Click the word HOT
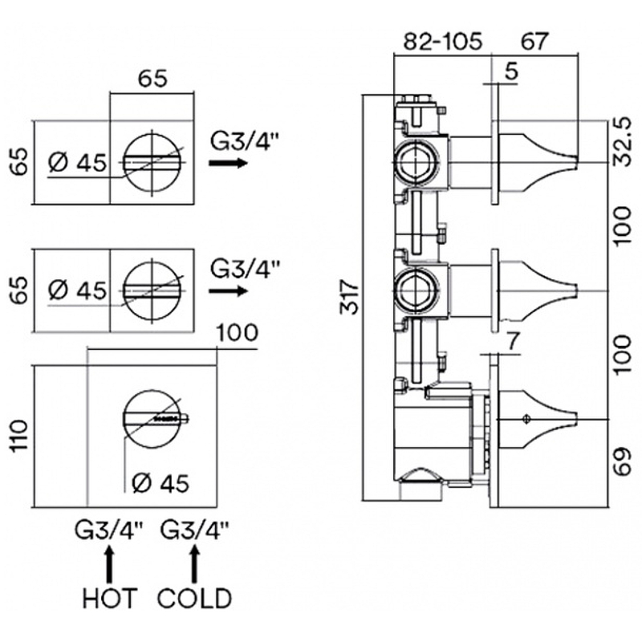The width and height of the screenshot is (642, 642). tap(110, 598)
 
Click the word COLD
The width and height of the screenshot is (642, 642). tap(194, 598)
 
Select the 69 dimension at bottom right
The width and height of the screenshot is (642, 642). tap(620, 462)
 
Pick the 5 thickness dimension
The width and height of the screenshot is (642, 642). tap(511, 71)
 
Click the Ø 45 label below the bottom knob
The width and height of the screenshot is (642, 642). tap(160, 483)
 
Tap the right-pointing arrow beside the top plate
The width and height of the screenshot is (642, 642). tap(228, 163)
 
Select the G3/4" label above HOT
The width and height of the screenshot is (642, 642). tap(110, 530)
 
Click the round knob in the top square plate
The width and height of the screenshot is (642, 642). tap(152, 161)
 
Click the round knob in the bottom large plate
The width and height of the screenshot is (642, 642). tap(152, 417)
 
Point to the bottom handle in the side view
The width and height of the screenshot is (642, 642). tap(536, 418)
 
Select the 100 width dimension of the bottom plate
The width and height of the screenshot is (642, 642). tap(237, 331)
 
